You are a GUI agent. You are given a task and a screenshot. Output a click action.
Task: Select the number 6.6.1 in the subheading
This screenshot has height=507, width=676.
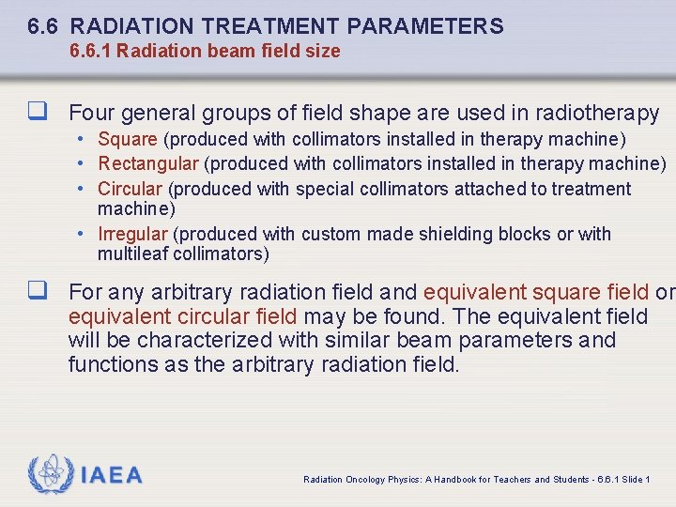coord(92,51)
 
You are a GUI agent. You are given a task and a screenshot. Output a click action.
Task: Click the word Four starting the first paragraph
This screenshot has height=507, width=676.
coord(91,114)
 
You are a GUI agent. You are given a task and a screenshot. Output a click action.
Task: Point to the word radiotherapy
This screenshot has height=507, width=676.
coord(596,114)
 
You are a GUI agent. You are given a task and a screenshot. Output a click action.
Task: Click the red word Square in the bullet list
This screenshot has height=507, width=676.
coord(128,140)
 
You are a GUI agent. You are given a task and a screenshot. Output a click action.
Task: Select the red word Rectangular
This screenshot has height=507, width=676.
coord(147,163)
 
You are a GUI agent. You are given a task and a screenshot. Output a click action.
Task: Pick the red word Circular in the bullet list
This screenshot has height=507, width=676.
coord(130,189)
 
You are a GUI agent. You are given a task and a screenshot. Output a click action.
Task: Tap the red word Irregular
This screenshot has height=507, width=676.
coord(132,234)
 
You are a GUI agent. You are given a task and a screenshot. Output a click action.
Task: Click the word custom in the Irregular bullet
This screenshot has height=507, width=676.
coord(329,234)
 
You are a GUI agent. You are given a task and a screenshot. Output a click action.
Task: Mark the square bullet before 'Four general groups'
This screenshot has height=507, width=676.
coord(38,114)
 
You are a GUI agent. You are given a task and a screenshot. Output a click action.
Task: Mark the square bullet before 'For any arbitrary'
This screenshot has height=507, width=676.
coord(38,292)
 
